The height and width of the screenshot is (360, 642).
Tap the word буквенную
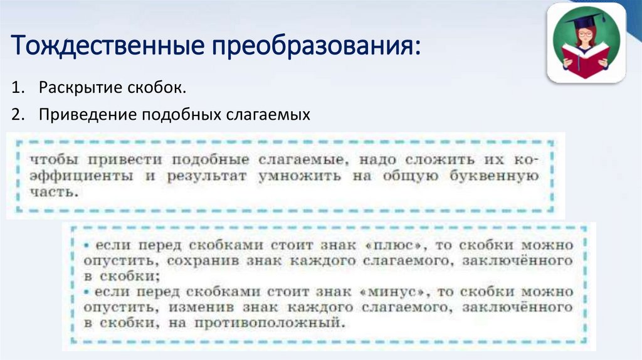click(495, 176)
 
